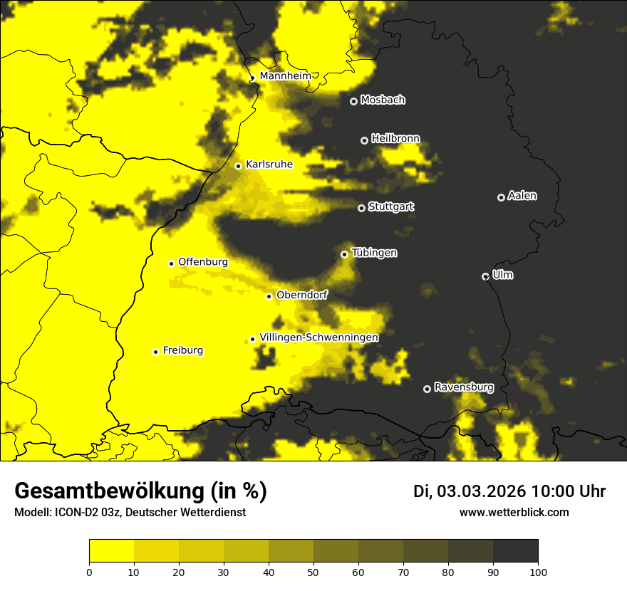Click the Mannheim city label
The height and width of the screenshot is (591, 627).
(285, 75)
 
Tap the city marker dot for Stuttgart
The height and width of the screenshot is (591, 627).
(361, 208)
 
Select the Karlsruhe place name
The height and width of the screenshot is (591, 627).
(269, 164)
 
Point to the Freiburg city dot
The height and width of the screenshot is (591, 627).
(155, 352)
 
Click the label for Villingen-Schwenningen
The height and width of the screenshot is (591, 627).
(318, 338)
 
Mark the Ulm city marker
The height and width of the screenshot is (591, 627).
(485, 276)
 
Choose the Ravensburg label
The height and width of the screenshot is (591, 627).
(464, 387)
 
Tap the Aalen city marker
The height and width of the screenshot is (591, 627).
(501, 197)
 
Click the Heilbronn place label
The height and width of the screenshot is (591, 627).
(395, 139)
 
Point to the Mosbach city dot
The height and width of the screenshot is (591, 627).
(353, 101)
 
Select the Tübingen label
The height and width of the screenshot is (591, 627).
(374, 253)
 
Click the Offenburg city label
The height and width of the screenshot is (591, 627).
(203, 262)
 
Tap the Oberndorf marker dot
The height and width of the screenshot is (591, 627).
(269, 296)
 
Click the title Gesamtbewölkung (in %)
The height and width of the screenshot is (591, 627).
(140, 491)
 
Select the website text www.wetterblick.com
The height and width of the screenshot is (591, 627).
(514, 512)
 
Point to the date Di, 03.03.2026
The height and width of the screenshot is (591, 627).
(470, 491)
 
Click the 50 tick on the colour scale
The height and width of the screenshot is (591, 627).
(313, 571)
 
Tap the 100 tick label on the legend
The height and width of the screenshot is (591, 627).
(538, 571)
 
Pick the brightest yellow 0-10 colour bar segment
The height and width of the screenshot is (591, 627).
(111, 551)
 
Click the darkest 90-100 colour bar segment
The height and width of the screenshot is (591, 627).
(515, 551)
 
